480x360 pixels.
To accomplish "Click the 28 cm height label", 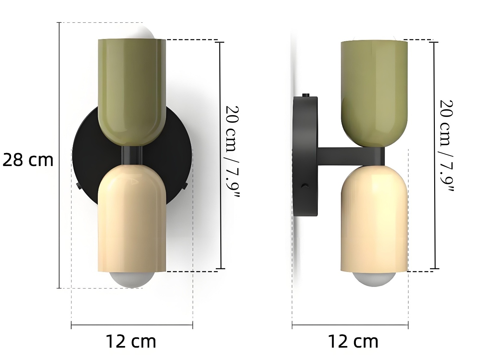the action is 28,160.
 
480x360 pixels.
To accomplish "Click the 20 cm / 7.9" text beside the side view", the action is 447,146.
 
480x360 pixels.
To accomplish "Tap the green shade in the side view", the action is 374,93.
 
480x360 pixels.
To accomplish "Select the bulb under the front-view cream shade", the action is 132,280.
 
